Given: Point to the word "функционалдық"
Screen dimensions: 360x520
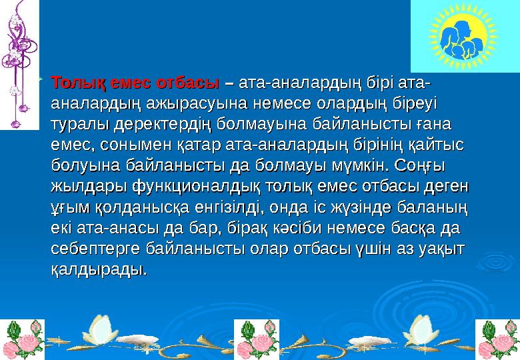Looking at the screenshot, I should tap(198, 184).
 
